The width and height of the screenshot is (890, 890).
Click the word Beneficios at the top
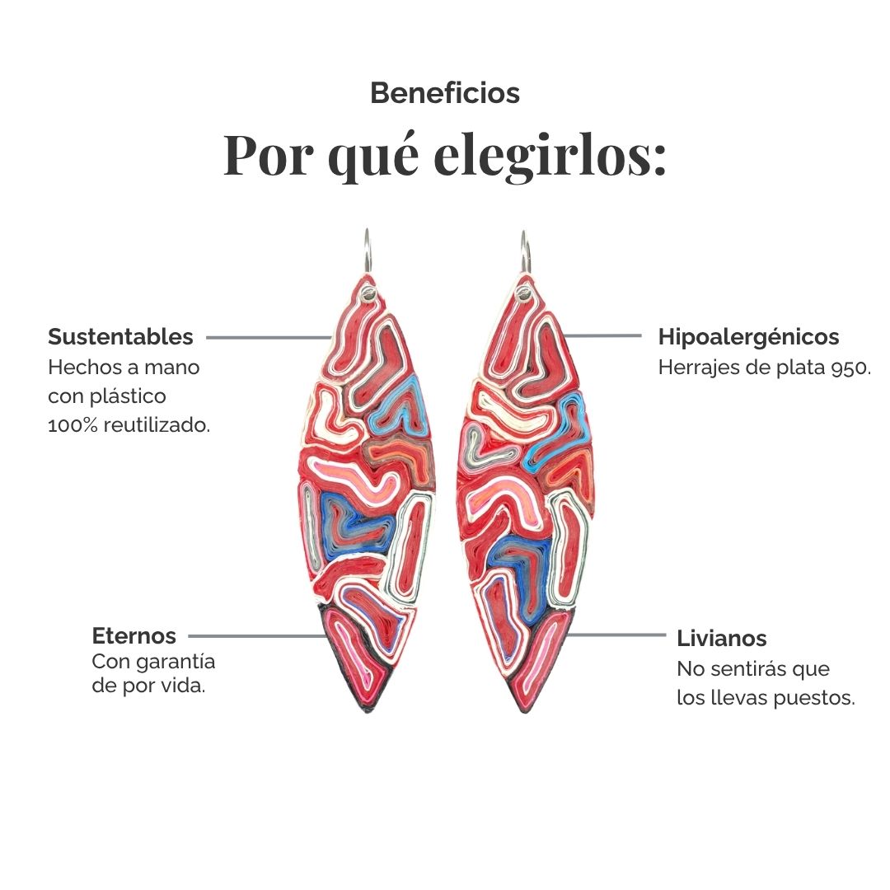click(x=445, y=93)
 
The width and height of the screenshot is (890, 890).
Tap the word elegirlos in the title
click(x=550, y=155)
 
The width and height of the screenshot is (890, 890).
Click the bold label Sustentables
click(x=120, y=336)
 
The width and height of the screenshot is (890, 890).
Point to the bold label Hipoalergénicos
click(x=748, y=337)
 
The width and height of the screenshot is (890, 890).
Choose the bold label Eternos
click(x=134, y=635)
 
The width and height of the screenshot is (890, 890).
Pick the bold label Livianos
click(x=721, y=639)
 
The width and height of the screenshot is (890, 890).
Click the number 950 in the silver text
click(x=849, y=368)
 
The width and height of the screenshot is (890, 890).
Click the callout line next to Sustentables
click(x=269, y=338)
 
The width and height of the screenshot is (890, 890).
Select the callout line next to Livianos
click(x=616, y=635)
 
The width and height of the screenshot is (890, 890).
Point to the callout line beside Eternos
click(x=259, y=636)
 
